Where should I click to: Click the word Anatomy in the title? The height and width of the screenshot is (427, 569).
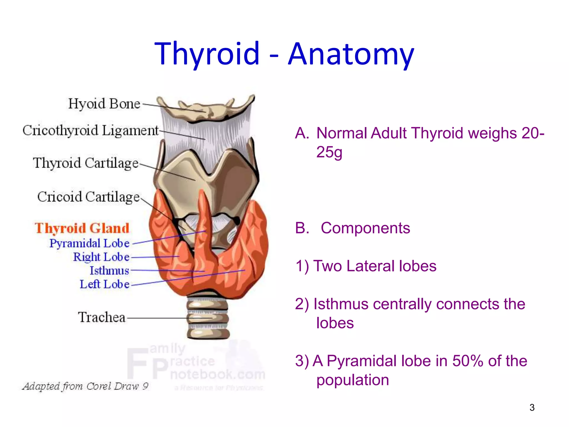351,54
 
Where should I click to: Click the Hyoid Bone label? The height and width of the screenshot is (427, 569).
104,104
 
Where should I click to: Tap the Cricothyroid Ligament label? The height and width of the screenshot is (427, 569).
90,131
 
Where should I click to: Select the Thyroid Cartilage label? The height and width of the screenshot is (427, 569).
86,163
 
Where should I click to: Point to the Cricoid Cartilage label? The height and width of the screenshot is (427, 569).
88,197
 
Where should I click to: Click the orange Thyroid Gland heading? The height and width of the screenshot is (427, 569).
82,228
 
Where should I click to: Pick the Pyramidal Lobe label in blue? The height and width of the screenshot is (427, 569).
89,243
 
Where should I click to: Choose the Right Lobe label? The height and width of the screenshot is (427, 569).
101,257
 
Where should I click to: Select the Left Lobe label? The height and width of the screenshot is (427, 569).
104,284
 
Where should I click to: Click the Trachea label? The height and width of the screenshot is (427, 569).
102,317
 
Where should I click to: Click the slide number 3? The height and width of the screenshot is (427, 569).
532,408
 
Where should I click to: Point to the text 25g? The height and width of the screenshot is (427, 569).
329,152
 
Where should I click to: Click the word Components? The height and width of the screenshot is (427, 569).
365,228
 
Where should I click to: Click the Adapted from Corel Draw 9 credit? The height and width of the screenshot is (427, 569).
85,386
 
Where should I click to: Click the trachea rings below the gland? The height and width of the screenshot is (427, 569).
208,318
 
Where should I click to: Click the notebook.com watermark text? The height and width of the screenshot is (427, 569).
218,374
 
